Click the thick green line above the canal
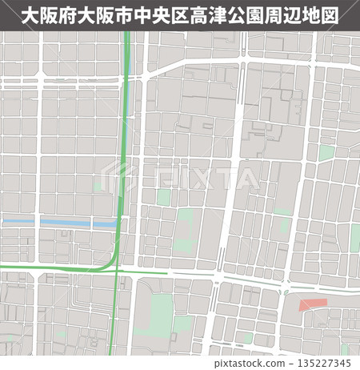point(126,120)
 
